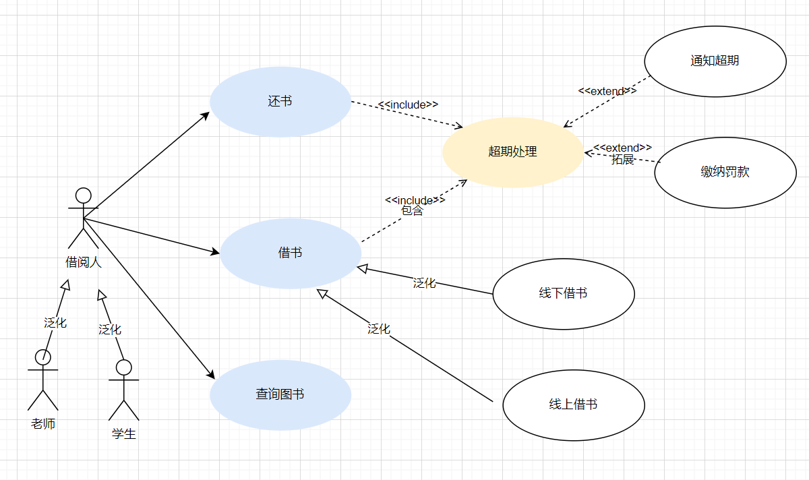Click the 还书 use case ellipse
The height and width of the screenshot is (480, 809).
point(280,102)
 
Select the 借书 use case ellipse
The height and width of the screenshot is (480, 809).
point(291,253)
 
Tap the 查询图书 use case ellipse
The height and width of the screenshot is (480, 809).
point(280,394)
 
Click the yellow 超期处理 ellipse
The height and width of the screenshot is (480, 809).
point(512,152)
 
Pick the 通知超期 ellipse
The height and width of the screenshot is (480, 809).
point(715,61)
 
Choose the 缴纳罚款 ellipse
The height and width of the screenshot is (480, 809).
point(725,172)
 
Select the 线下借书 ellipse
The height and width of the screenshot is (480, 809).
point(563,293)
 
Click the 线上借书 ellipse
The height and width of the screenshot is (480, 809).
point(573,404)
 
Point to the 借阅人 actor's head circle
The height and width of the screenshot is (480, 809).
point(83,196)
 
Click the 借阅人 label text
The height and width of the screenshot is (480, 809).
point(83,262)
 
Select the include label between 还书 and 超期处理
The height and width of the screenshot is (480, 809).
point(408,104)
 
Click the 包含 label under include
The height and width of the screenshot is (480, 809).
point(412,210)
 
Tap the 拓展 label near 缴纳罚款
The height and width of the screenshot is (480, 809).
point(623,159)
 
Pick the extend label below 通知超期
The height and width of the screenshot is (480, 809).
point(607,91)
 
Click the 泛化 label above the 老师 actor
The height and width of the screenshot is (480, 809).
point(55,322)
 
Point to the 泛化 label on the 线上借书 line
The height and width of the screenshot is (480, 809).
point(378,328)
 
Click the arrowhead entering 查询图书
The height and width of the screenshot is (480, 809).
point(210,376)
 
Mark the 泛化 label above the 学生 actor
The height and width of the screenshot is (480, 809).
point(110,329)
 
